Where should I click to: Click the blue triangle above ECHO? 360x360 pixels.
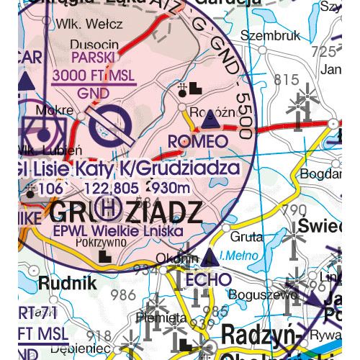tap(210, 256)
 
